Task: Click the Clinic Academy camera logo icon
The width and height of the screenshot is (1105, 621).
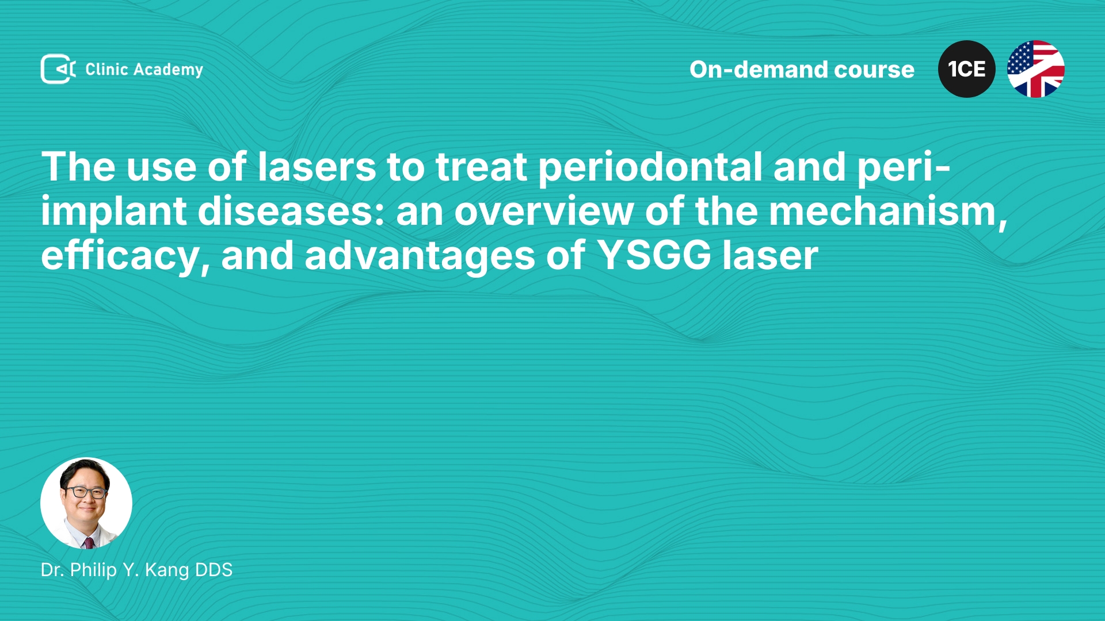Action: pyautogui.click(x=58, y=69)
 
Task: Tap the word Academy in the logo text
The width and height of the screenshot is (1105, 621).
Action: pyautogui.click(x=168, y=70)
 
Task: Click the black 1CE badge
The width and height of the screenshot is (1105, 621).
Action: pyautogui.click(x=967, y=69)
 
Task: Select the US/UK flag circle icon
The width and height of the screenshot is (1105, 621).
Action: pyautogui.click(x=1036, y=69)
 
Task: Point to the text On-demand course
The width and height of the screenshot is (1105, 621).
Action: pyautogui.click(x=802, y=70)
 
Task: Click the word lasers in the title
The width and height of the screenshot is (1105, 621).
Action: pyautogui.click(x=317, y=167)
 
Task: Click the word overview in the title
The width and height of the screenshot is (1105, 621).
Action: pyautogui.click(x=544, y=212)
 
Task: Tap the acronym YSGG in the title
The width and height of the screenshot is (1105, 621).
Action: pyautogui.click(x=654, y=256)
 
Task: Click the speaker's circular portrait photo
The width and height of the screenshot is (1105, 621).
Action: pyautogui.click(x=86, y=503)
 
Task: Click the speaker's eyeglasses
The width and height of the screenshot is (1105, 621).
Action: pyautogui.click(x=86, y=492)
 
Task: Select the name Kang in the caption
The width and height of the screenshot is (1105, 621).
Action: pyautogui.click(x=167, y=570)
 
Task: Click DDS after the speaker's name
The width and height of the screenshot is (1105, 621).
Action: pyautogui.click(x=214, y=570)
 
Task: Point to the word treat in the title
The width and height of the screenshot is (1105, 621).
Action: pyautogui.click(x=481, y=167)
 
